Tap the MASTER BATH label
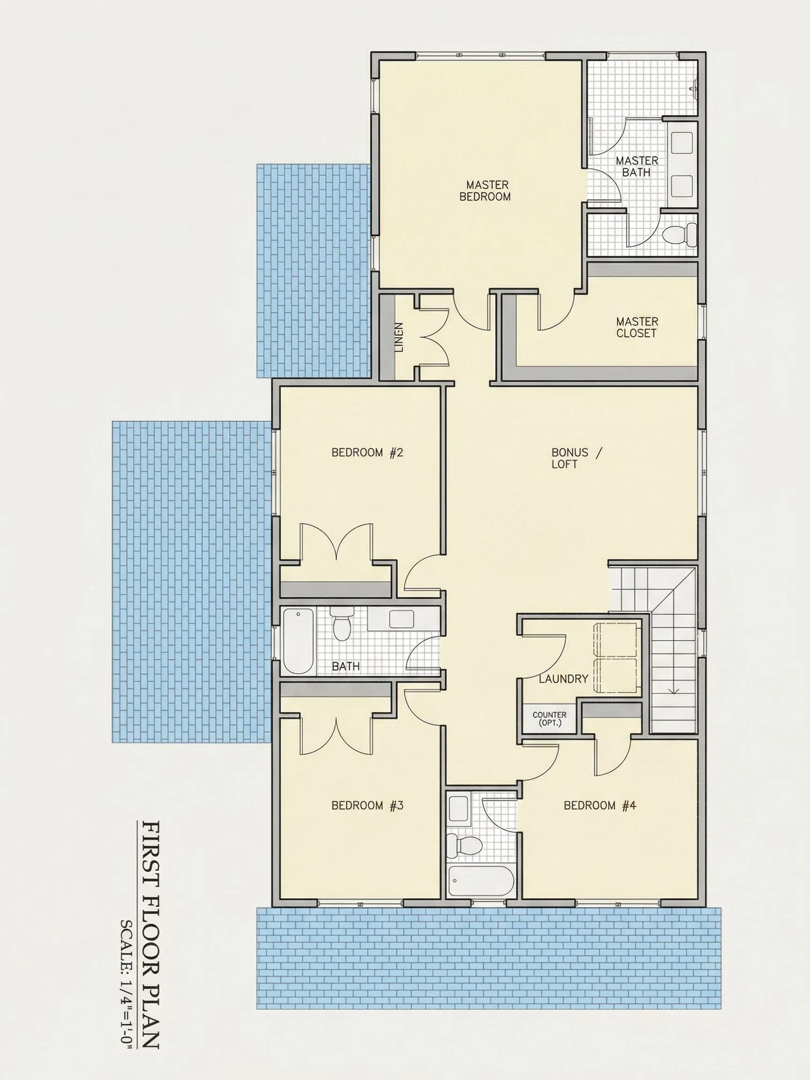(x=637, y=166)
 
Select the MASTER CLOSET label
(x=637, y=328)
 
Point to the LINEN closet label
(x=399, y=337)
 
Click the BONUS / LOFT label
(x=577, y=458)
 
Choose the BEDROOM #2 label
(x=367, y=453)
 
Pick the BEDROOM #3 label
(x=367, y=805)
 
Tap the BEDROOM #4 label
(x=600, y=805)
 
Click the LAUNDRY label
(x=563, y=679)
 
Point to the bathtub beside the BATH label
(x=298, y=641)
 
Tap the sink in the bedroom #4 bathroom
(x=459, y=808)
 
